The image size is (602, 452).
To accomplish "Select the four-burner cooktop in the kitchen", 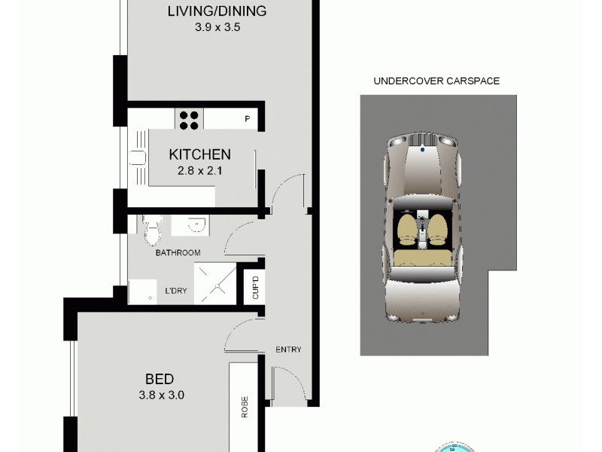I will tap(190, 118).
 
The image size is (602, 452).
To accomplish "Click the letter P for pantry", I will tap(247, 119).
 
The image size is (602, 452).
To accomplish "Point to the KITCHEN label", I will tap(199, 154).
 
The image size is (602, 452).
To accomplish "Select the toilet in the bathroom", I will tap(152, 230).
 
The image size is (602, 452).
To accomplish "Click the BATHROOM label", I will tap(178, 252).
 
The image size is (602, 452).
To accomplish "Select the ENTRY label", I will tap(288, 350).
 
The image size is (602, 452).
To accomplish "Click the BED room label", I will tap(160, 378).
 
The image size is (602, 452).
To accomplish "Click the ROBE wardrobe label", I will tap(245, 407).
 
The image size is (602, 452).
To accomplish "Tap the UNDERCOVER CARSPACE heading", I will tap(436, 81).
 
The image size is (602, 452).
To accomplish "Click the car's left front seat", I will tap(409, 228).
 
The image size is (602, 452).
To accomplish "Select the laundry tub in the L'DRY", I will tap(141, 291).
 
